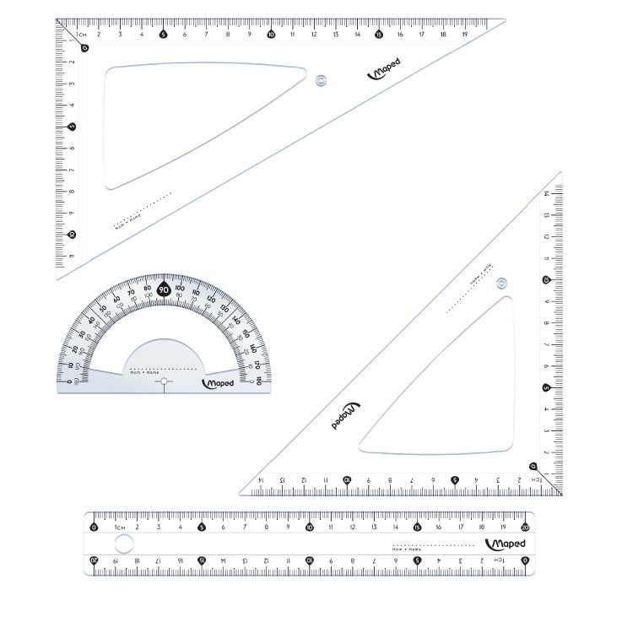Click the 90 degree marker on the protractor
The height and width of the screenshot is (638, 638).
[164, 290]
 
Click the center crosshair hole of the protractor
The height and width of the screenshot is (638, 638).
[165, 384]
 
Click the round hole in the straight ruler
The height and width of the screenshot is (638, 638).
[123, 543]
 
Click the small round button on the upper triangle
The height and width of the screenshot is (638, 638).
[320, 81]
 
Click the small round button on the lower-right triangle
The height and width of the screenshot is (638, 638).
[501, 284]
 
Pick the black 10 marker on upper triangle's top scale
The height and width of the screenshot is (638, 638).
[270, 35]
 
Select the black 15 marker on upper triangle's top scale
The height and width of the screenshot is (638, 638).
[378, 35]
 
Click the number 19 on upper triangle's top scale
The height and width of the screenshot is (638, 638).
[465, 35]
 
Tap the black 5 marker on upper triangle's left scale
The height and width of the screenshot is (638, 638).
[73, 127]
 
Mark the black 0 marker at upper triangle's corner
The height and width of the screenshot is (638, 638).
[84, 47]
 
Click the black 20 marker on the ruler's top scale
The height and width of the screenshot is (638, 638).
[525, 527]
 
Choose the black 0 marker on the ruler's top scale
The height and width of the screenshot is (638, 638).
[94, 527]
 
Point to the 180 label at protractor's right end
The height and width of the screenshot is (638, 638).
[257, 382]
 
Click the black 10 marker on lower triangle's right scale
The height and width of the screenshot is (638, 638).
[546, 280]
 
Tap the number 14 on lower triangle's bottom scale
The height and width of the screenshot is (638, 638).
[261, 480]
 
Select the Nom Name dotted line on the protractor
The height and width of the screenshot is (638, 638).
[164, 370]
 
